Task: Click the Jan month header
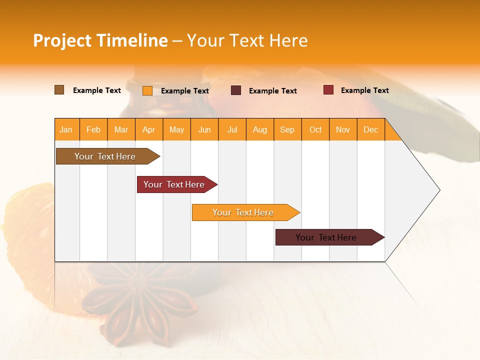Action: point(66,130)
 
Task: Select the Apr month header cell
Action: point(149,130)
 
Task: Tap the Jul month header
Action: point(232,130)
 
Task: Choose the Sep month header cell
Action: point(287,130)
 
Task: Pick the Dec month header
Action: point(370,130)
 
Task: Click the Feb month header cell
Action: point(93,130)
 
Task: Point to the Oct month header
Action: point(315,130)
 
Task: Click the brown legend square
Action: point(59,90)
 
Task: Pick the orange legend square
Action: point(147,90)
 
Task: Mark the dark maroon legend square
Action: point(236,90)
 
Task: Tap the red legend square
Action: point(328,90)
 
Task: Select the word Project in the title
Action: point(62,40)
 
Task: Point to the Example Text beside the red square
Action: point(364,90)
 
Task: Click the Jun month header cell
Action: point(204,130)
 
